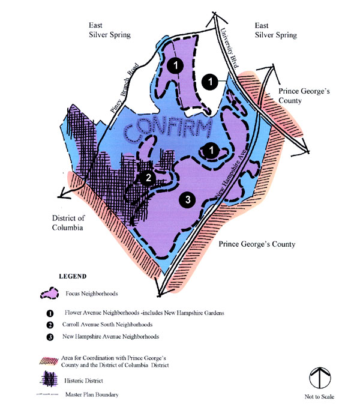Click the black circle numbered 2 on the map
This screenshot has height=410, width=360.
point(148,178)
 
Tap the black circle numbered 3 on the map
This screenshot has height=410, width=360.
point(188,200)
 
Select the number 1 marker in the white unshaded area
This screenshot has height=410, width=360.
point(210,80)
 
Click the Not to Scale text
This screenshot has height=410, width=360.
point(319,397)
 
